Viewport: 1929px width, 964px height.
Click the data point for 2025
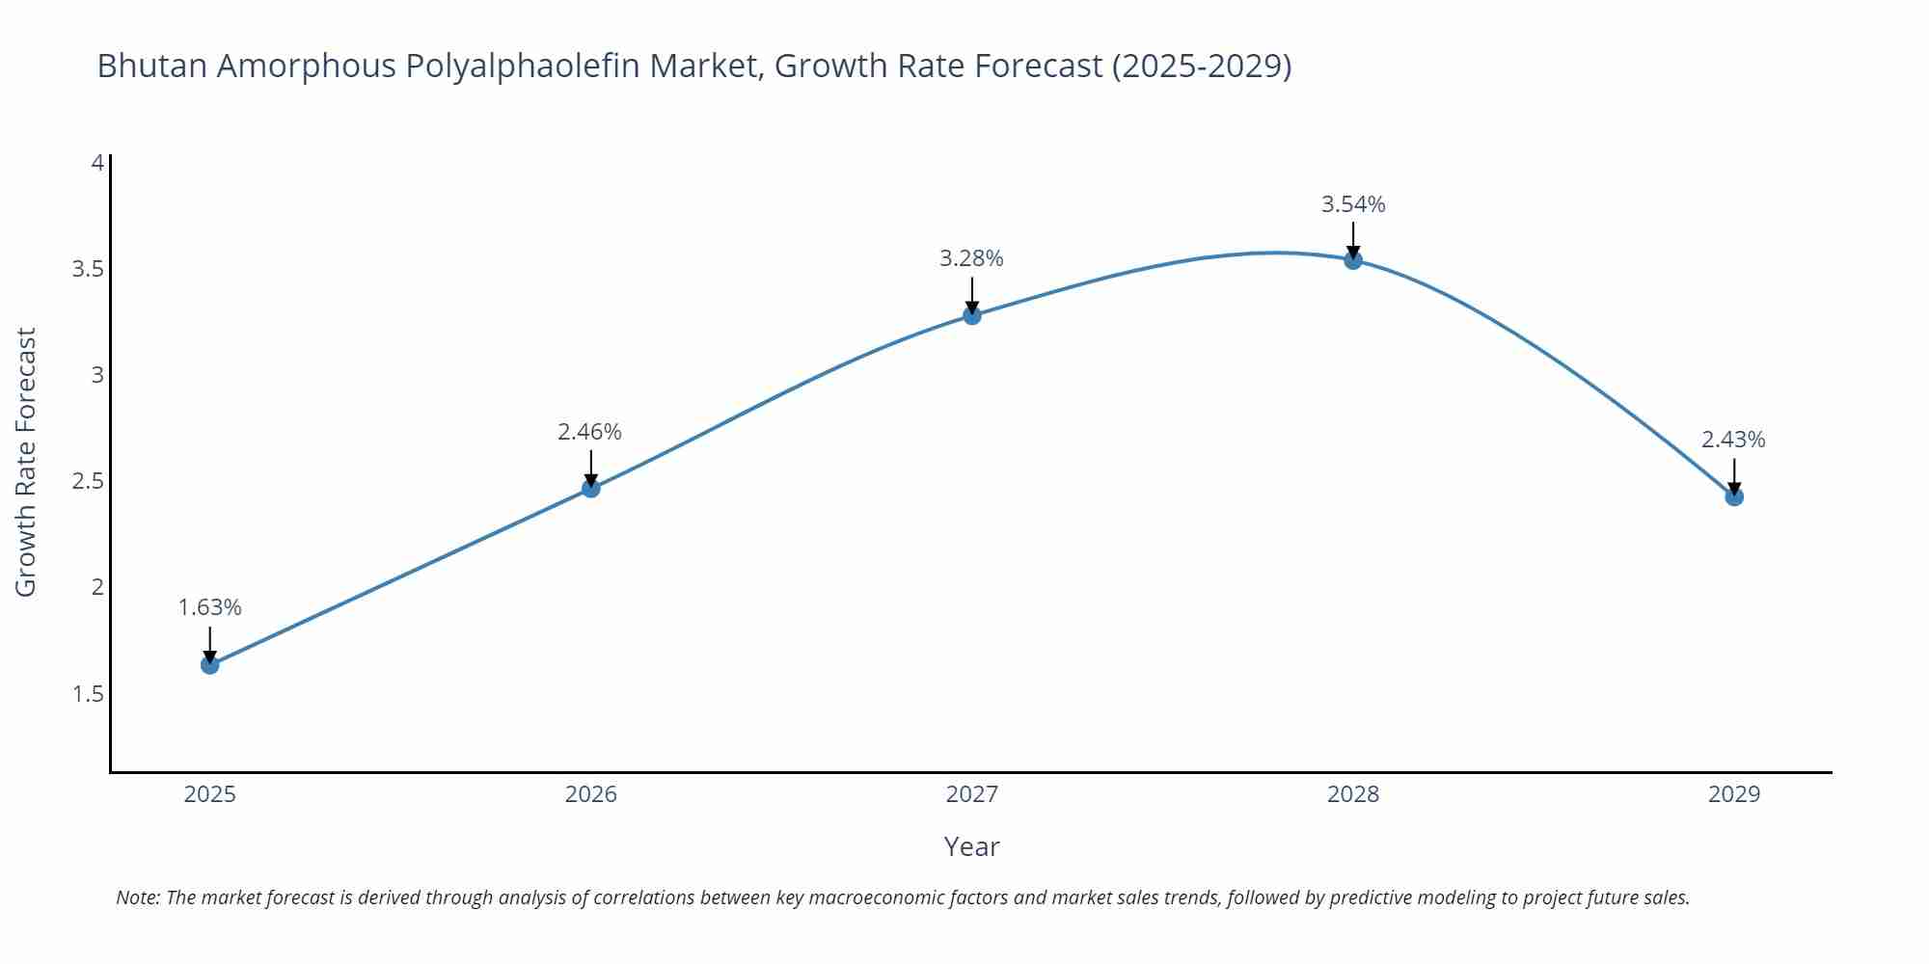coord(210,664)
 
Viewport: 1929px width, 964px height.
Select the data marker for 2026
coord(591,488)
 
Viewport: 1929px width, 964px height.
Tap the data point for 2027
coord(972,314)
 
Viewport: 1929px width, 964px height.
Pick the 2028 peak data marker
coord(1353,259)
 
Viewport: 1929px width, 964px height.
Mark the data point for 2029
coord(1734,496)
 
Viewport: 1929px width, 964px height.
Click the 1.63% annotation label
coord(210,607)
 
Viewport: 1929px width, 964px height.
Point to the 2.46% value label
coord(590,432)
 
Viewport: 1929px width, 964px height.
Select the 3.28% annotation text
coord(971,258)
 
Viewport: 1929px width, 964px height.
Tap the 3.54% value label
coord(1353,204)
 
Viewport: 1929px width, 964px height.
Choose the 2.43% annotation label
coord(1733,440)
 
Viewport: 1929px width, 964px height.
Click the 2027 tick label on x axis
coord(972,794)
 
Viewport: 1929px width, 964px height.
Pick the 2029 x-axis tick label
coord(1734,794)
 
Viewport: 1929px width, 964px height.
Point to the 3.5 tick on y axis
coord(88,269)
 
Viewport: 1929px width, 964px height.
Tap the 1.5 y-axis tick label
coord(88,694)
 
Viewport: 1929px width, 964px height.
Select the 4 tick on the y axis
coord(97,163)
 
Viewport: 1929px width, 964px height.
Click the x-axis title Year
coord(971,846)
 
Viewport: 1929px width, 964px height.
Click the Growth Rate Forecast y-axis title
coord(26,462)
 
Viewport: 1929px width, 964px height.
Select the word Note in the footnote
coord(137,897)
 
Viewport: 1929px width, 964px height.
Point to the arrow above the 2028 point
coord(1353,239)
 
